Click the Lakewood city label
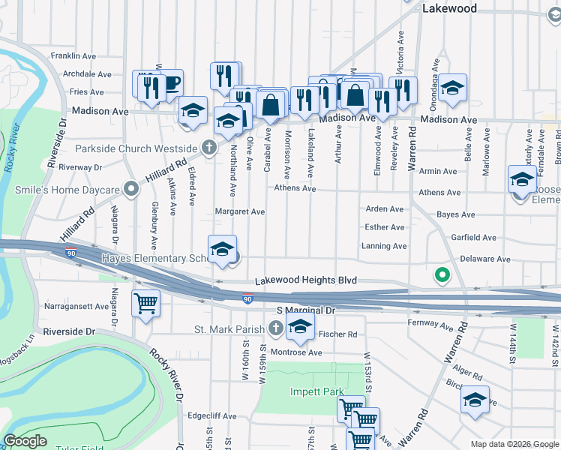(449, 8)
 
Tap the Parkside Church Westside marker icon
(209, 148)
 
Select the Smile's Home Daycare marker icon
(131, 189)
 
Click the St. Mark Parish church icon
(276, 328)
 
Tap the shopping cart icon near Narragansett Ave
(146, 303)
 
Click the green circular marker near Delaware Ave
(442, 276)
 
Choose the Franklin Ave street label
(73, 55)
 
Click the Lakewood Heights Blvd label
(305, 280)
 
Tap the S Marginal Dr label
(305, 310)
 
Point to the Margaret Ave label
(240, 212)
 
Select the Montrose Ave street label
(296, 352)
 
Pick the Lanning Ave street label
(384, 246)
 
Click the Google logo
(25, 442)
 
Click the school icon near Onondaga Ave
(453, 87)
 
